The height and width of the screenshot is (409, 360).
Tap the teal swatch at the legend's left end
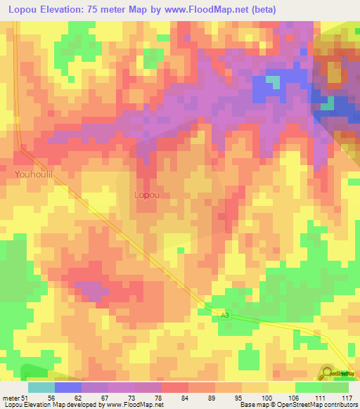click(x=41, y=387)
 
